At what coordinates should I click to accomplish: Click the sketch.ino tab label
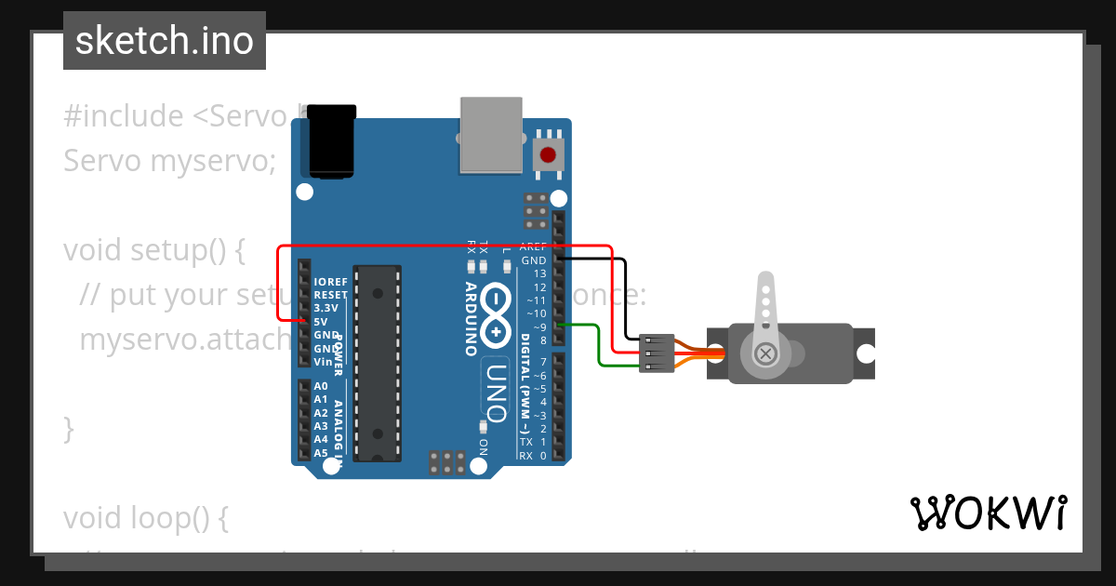pos(165,41)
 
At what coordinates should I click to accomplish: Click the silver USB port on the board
pos(490,135)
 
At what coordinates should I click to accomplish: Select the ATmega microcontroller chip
pos(379,363)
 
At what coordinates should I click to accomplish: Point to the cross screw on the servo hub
pos(765,353)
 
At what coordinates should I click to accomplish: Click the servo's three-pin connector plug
pos(658,353)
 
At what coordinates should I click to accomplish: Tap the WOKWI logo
pos(989,513)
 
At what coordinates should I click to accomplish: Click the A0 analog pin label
pos(321,386)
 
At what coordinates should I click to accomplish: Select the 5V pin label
pos(321,321)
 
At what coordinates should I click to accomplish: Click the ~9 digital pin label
pos(537,326)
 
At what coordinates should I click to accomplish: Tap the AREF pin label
pos(533,247)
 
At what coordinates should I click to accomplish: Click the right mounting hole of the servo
pos(866,353)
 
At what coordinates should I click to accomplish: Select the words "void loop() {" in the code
pos(145,517)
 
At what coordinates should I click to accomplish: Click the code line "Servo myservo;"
pos(169,161)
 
